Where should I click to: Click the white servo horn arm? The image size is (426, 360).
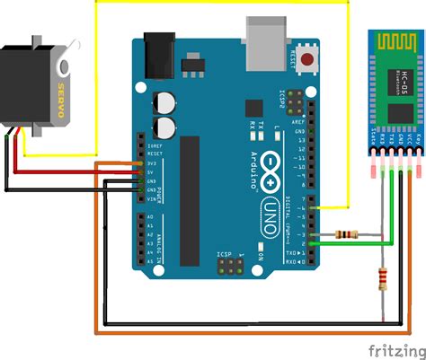tap(63, 67)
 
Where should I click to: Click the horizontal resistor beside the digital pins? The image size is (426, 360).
tap(345, 235)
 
